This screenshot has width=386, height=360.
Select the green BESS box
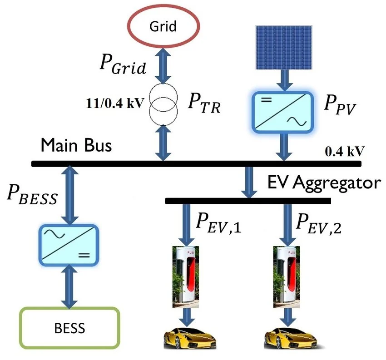tap(69, 327)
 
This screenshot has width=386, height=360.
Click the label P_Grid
tap(123, 65)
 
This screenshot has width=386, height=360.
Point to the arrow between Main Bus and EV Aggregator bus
tap(249, 182)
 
